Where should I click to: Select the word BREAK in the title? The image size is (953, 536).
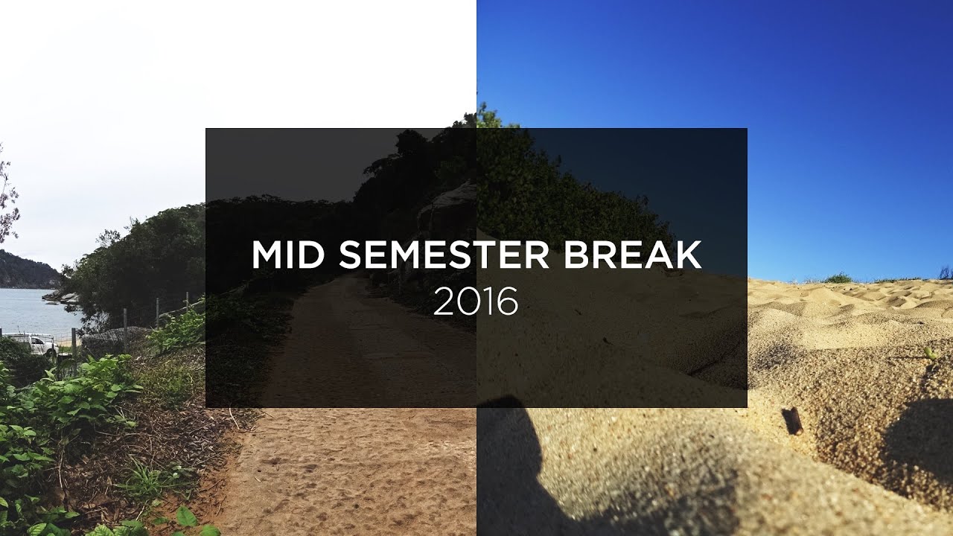click(632, 255)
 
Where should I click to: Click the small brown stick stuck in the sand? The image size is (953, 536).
click(793, 420)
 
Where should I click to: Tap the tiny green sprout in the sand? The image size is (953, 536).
click(929, 354)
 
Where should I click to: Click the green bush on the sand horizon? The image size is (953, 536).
click(838, 278)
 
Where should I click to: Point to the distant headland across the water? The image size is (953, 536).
click(26, 269)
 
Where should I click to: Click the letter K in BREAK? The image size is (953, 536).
click(688, 255)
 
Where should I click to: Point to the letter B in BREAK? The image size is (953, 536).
click(576, 255)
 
